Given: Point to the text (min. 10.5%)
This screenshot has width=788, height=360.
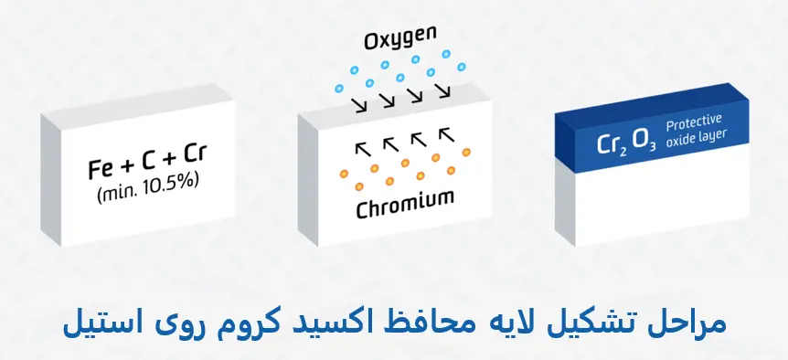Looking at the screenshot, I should pos(147,193).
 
